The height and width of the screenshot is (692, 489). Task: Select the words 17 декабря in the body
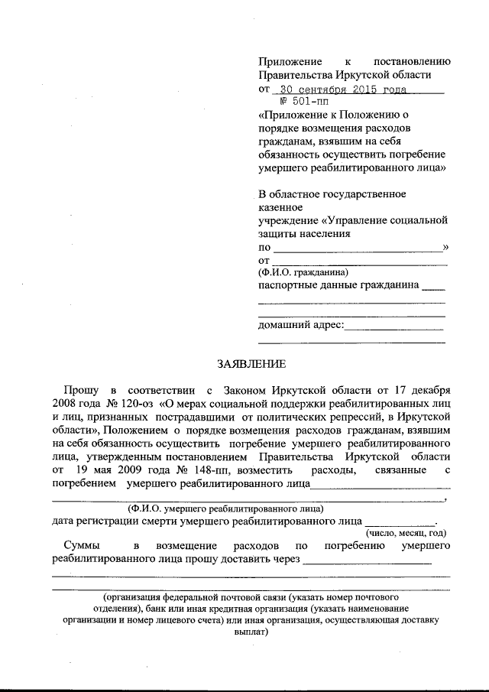[423, 388]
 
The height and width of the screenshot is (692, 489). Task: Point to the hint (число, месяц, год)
[405, 533]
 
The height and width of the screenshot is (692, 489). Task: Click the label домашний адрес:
[301, 327]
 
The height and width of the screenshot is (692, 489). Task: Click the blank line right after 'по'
[357, 249]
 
